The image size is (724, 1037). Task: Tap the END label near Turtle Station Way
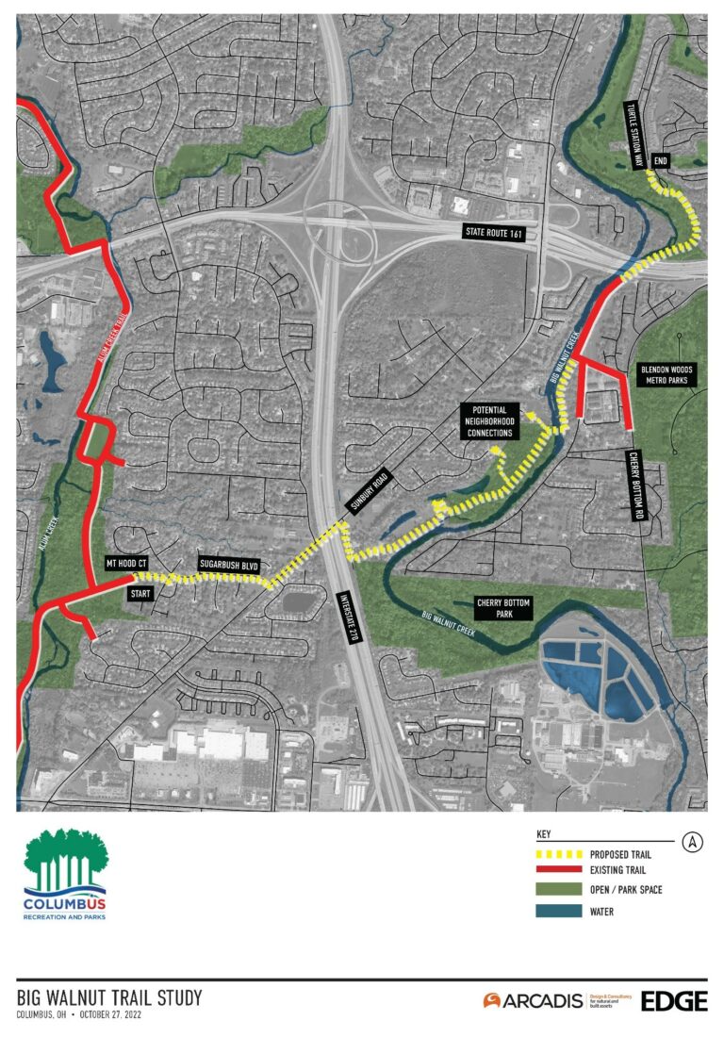(661, 161)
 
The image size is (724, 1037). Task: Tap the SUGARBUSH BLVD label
(228, 564)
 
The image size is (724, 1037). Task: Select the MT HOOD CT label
(127, 563)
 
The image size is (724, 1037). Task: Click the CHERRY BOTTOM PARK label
(502, 608)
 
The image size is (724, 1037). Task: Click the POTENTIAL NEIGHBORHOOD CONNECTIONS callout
(488, 420)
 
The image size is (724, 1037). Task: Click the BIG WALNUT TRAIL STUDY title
(109, 997)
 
